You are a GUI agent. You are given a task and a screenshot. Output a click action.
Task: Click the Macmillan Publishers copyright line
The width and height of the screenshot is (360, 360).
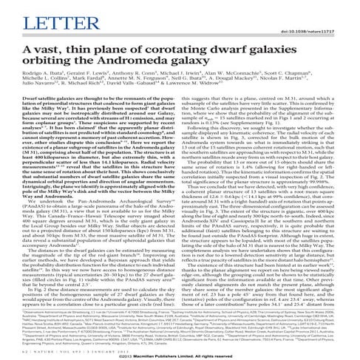[180, 355]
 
